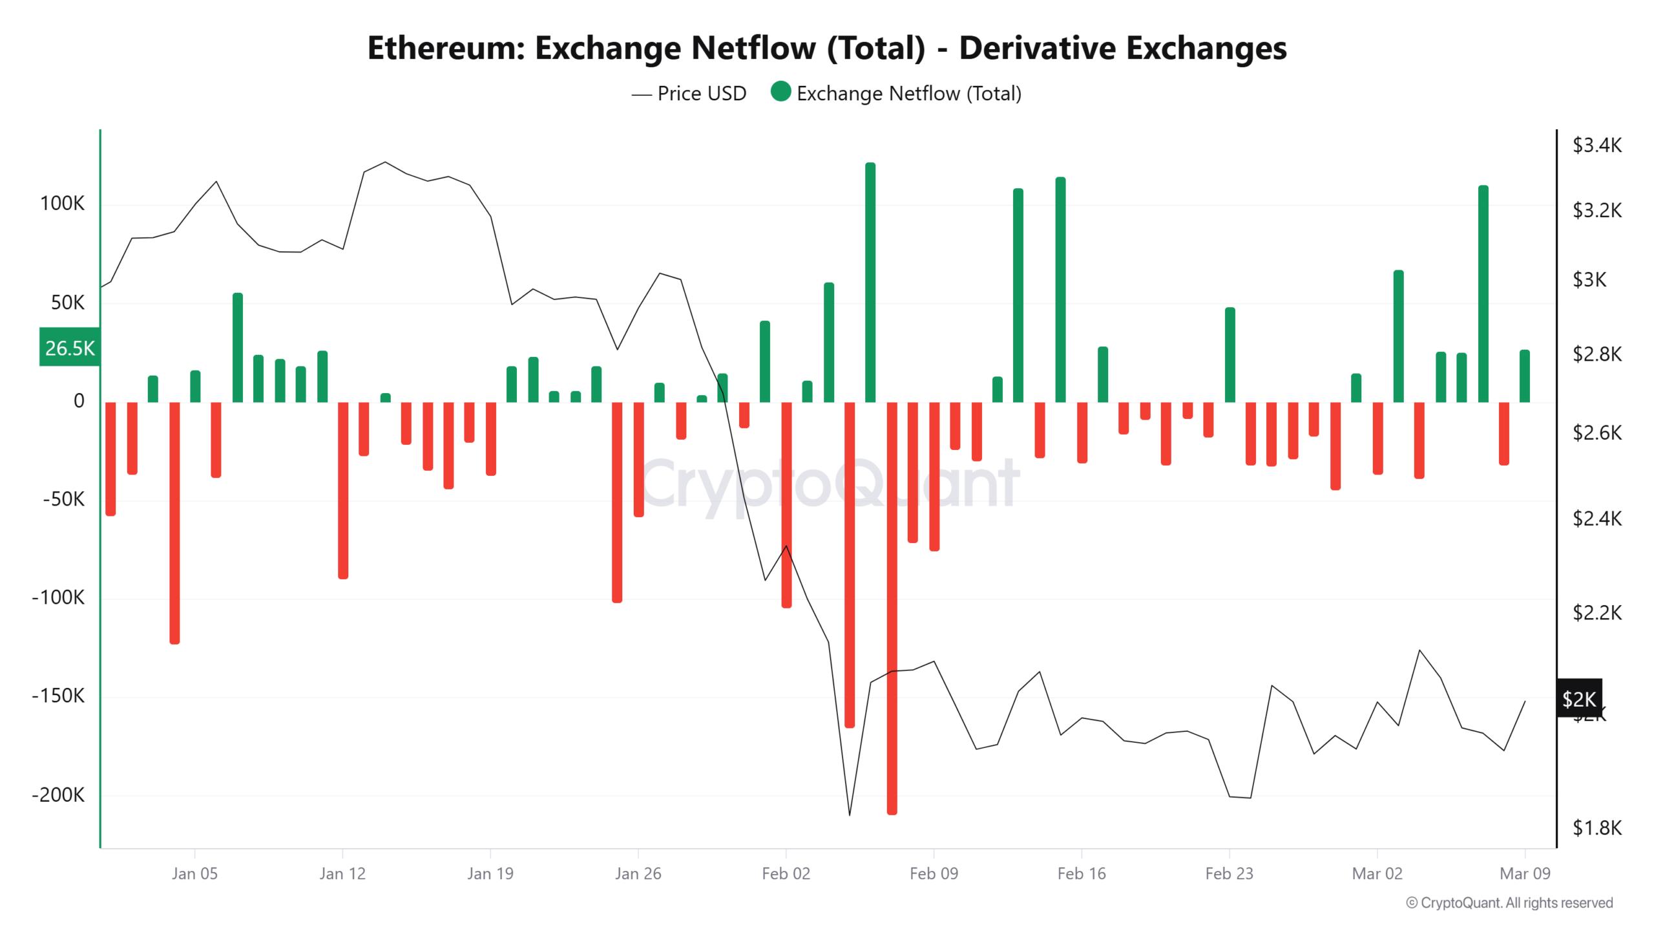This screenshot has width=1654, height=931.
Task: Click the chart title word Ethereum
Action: (446, 48)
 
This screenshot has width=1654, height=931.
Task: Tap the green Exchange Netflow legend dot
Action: (780, 92)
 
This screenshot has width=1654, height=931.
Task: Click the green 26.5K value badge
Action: (70, 348)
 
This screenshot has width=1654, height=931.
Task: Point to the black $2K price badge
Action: (1578, 698)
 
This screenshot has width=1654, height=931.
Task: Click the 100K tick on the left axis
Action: (62, 204)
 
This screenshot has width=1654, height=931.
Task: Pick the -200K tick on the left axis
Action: (58, 795)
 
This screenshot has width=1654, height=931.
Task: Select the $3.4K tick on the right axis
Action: (1597, 145)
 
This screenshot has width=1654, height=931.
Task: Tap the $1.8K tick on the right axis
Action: (1597, 828)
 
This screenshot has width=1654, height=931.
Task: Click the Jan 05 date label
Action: (194, 874)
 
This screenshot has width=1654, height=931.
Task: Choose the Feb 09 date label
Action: (934, 874)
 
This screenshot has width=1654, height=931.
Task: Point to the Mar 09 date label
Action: (1525, 874)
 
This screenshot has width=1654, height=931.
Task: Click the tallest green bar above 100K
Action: (870, 282)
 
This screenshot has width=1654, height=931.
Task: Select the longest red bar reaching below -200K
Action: (892, 608)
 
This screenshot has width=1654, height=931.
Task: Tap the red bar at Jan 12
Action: (343, 490)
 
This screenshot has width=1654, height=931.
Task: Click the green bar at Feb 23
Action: (1230, 355)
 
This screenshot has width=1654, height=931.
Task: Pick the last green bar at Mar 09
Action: (1525, 376)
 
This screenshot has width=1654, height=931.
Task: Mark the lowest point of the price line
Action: (850, 815)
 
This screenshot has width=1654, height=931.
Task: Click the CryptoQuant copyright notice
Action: (1509, 903)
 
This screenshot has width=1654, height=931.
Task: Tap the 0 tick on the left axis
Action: (79, 401)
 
